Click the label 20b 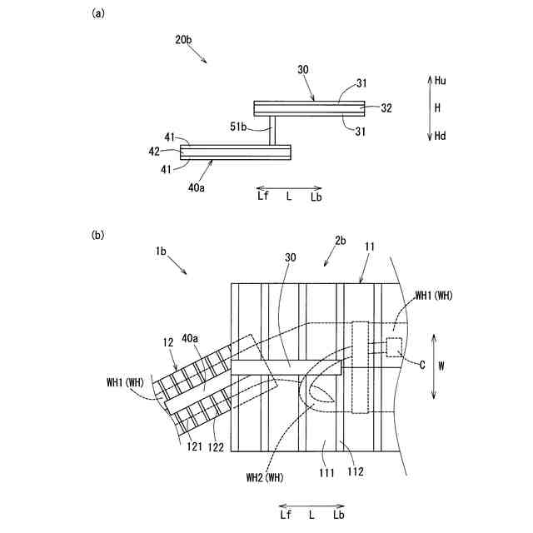click(184, 40)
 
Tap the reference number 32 click(386, 107)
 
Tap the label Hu click(441, 80)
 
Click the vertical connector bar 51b click(271, 130)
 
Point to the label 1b click(161, 250)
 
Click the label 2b click(340, 241)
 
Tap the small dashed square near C click(393, 346)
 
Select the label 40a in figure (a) click(197, 187)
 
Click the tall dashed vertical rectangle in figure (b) click(361, 366)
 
